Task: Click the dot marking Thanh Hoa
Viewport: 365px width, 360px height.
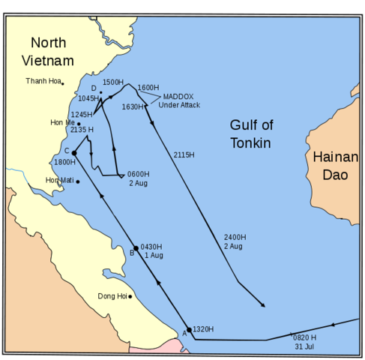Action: pyautogui.click(x=63, y=83)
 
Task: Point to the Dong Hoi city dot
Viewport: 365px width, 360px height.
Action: pyautogui.click(x=130, y=296)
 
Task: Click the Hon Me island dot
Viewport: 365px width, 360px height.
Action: pyautogui.click(x=79, y=124)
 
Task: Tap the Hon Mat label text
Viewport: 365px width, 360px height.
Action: pyautogui.click(x=58, y=181)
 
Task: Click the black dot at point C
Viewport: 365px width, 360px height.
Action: pyautogui.click(x=74, y=153)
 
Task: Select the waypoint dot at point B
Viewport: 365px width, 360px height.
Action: pyautogui.click(x=136, y=248)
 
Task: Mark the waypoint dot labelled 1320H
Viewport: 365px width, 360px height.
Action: pyautogui.click(x=189, y=330)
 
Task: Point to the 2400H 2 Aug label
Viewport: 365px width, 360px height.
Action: pyautogui.click(x=234, y=241)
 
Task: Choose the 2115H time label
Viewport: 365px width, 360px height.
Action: pyautogui.click(x=184, y=155)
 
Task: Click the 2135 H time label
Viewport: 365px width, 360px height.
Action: pyautogui.click(x=82, y=130)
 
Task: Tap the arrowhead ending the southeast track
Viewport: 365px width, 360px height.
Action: pyautogui.click(x=263, y=305)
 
